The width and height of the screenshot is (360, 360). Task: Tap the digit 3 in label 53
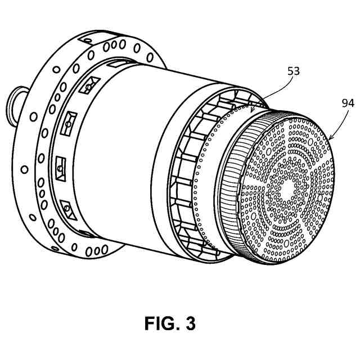[x=296, y=71]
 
